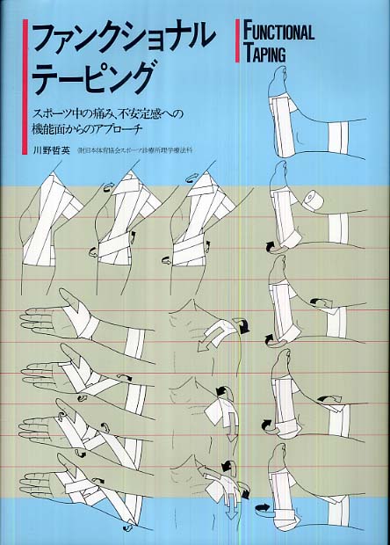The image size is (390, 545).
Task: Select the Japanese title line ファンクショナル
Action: point(123,37)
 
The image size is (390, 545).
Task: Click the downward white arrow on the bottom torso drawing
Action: point(230,505)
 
